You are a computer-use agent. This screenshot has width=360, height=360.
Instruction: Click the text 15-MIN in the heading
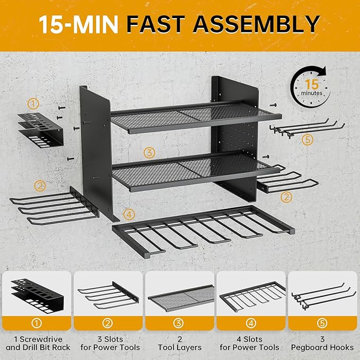(x=78, y=24)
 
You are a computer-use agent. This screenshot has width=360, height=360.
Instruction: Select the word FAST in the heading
(x=156, y=24)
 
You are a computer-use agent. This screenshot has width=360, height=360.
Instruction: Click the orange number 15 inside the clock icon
(x=312, y=84)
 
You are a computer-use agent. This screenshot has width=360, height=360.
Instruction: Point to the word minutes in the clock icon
(x=312, y=93)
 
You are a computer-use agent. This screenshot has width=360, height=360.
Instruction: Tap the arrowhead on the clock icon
(x=322, y=71)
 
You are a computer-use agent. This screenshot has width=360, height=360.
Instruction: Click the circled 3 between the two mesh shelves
(x=149, y=153)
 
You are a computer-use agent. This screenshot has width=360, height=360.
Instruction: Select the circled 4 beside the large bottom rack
(x=129, y=214)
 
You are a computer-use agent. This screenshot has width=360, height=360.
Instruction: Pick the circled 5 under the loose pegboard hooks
(x=308, y=139)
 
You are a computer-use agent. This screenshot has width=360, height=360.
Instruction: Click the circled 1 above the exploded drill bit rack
(x=33, y=104)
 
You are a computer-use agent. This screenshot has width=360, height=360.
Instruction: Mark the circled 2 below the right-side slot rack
(x=286, y=197)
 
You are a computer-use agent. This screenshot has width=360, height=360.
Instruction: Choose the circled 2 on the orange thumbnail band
(x=108, y=323)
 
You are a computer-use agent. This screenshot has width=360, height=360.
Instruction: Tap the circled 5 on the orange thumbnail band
(x=322, y=323)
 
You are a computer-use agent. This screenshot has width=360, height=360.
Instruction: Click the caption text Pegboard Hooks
(x=322, y=347)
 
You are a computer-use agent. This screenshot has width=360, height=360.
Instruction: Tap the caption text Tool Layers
(x=180, y=347)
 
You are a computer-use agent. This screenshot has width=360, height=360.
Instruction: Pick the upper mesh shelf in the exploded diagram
(x=196, y=117)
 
